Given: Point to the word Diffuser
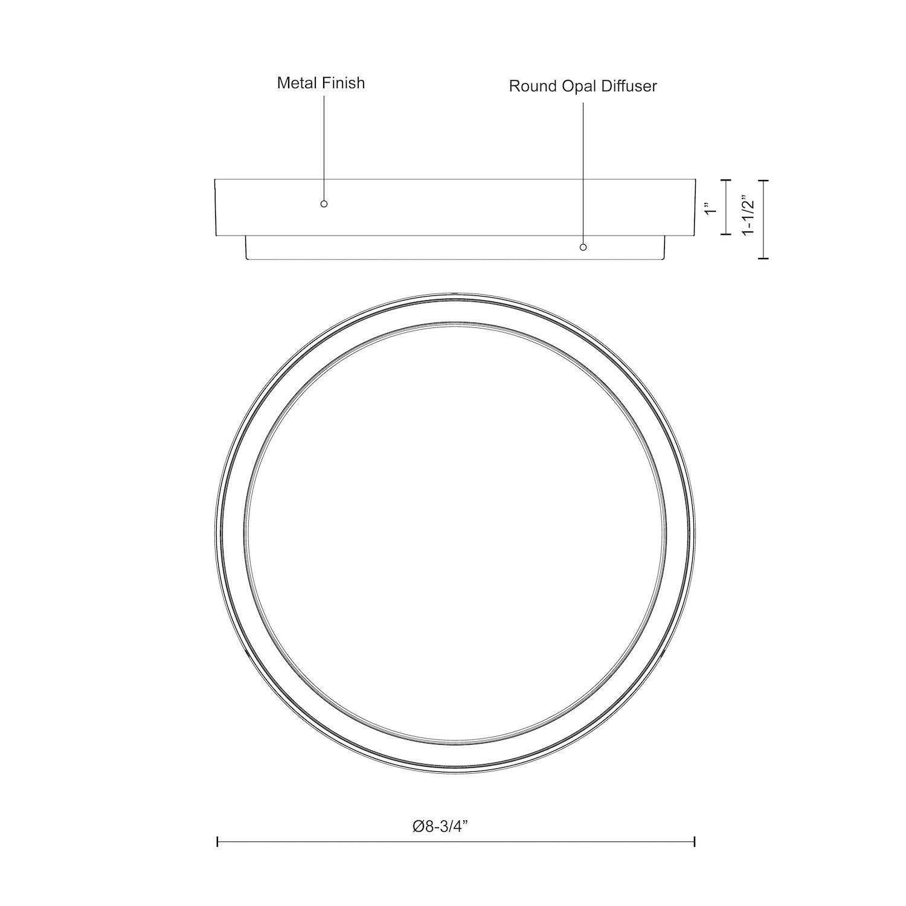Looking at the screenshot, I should click(x=629, y=86).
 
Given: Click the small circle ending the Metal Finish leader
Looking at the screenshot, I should click(x=324, y=204).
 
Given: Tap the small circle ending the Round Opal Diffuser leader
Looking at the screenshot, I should click(x=583, y=247).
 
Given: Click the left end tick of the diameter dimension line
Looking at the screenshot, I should click(x=217, y=841).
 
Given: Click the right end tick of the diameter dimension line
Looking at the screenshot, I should click(x=695, y=841).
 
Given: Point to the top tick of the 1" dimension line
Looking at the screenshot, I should click(x=727, y=180).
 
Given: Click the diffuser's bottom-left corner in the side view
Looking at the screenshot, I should click(x=247, y=260).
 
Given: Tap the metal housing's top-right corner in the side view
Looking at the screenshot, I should click(x=696, y=179).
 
